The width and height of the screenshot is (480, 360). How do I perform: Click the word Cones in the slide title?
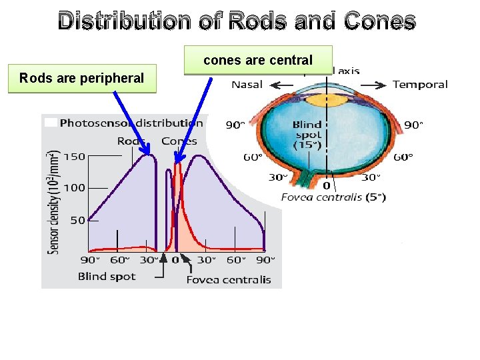pos(380,21)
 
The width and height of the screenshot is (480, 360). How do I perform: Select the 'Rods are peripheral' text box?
pos(81,78)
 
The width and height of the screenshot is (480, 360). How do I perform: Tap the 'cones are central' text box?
pos(258,60)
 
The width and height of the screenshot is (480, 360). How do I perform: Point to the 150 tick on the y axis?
pos(75,157)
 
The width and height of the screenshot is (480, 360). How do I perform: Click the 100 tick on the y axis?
pos(75,188)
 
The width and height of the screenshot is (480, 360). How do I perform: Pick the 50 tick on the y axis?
pos(77,220)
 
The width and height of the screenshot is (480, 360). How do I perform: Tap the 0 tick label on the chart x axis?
pos(175,260)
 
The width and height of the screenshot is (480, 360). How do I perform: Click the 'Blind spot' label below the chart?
pos(107,276)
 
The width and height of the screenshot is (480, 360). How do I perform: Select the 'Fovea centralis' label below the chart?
pos(229,279)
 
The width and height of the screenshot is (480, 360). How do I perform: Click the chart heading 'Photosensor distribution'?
pos(131,123)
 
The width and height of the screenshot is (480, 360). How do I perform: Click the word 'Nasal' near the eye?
pos(247,85)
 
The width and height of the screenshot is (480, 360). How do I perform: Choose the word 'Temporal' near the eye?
pos(420,85)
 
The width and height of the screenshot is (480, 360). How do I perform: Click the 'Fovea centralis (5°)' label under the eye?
pos(333,197)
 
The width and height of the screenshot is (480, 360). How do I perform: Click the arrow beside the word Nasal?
pos(281,85)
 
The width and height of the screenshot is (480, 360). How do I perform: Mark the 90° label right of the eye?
pos(413,125)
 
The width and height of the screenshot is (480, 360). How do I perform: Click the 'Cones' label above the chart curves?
pos(179,141)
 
